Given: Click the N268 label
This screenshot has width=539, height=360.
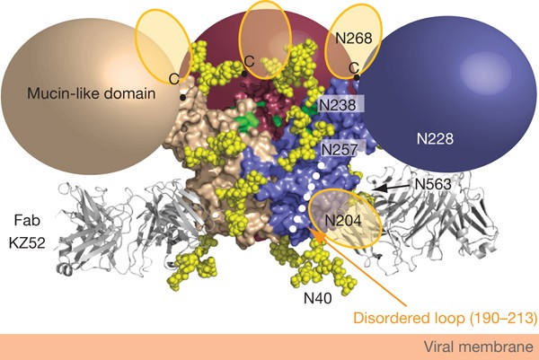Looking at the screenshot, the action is (353, 40).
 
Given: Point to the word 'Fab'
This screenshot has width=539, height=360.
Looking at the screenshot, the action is (27, 220).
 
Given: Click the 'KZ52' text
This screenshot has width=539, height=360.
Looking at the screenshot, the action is (27, 241).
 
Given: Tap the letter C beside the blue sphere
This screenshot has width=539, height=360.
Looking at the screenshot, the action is (353, 67).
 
